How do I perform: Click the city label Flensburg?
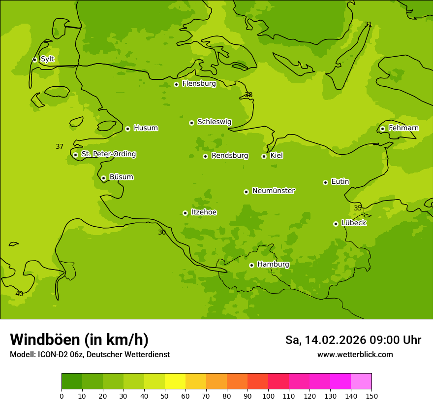pos(199,84)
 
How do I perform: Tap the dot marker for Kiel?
pos(264,156)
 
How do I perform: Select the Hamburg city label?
pos(273,265)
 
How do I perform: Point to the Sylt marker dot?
pos(34,60)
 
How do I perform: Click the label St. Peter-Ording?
pos(108,154)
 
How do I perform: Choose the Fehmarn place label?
pos(403,128)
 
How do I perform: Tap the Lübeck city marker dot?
pos(336,224)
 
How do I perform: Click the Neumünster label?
pos(273,191)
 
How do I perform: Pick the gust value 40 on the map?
pos(19,294)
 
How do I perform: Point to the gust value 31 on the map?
pos(368,24)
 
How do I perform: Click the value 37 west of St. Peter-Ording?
pos(60,146)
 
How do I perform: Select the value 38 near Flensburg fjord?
pos(248,95)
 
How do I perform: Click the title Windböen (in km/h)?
pos(79,340)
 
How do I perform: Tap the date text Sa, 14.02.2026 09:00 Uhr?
pos(353,340)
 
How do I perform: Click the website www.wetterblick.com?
pos(355,354)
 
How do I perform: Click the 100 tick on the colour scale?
pos(268,396)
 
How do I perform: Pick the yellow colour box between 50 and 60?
pos(175,381)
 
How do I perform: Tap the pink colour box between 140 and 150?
pos(361,381)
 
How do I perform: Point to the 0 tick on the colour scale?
pos(62,396)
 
